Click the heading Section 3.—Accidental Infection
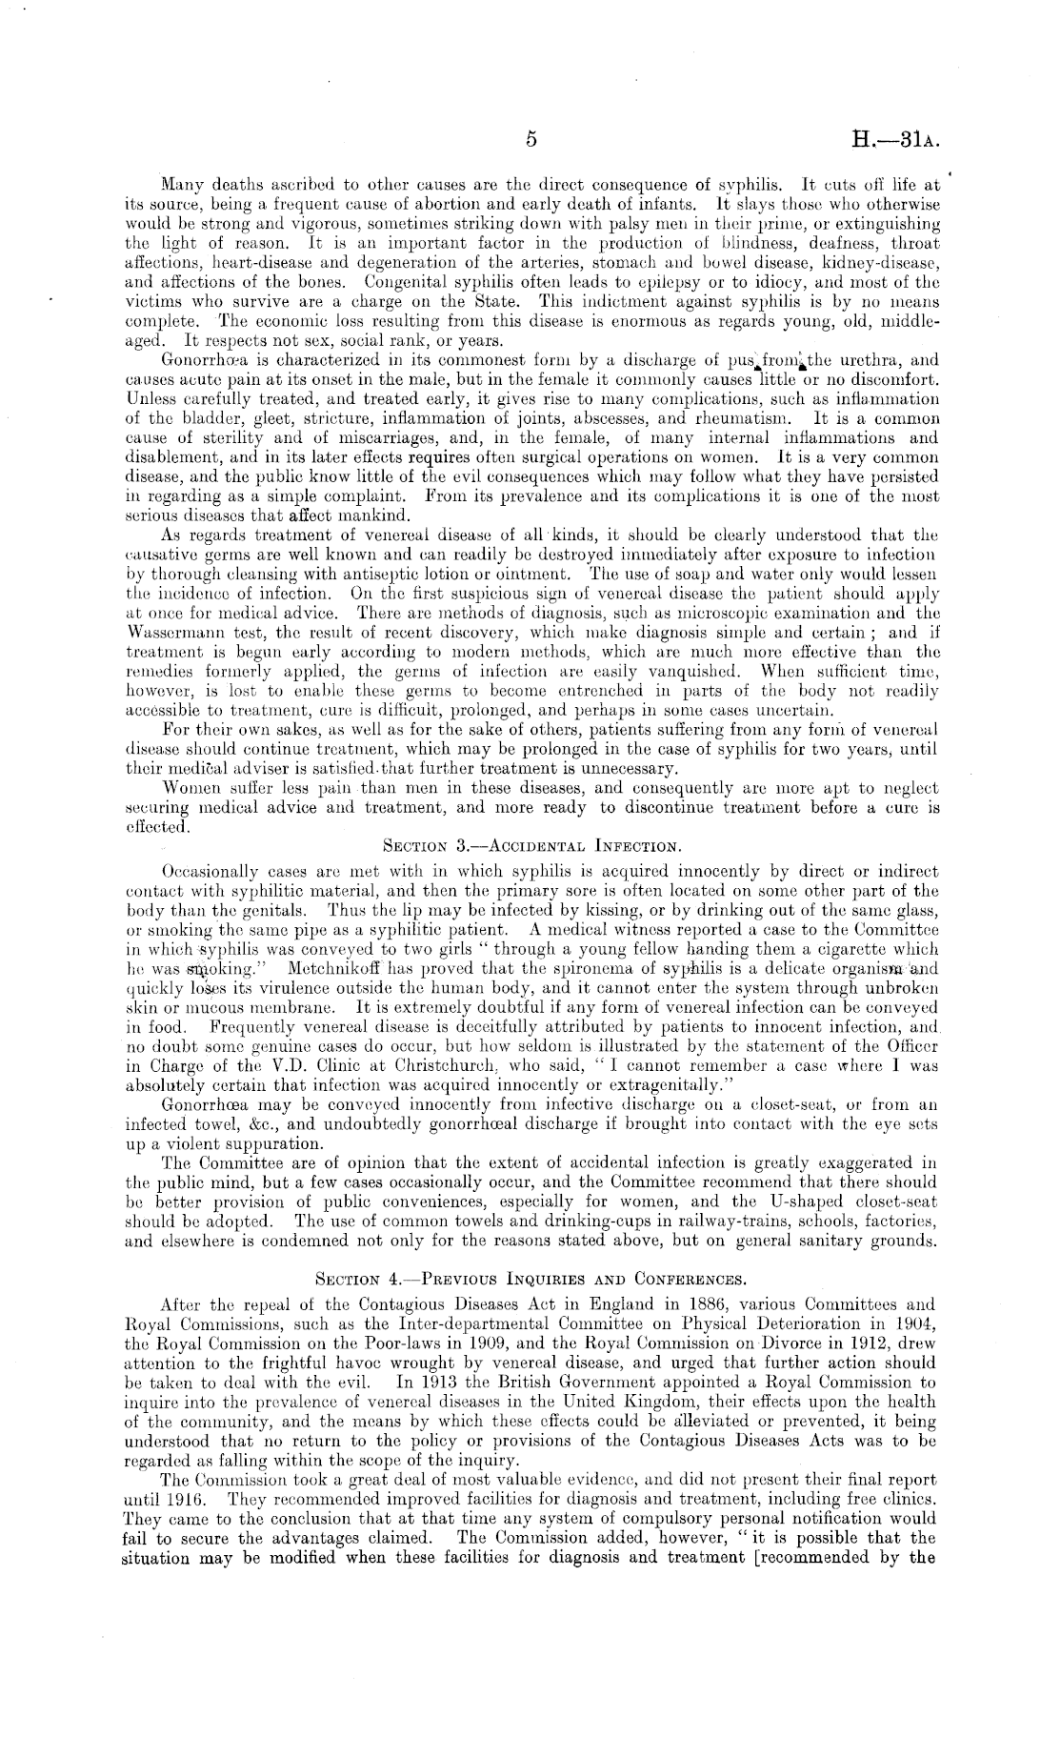tap(530, 844)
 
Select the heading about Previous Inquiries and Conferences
tap(530, 1277)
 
